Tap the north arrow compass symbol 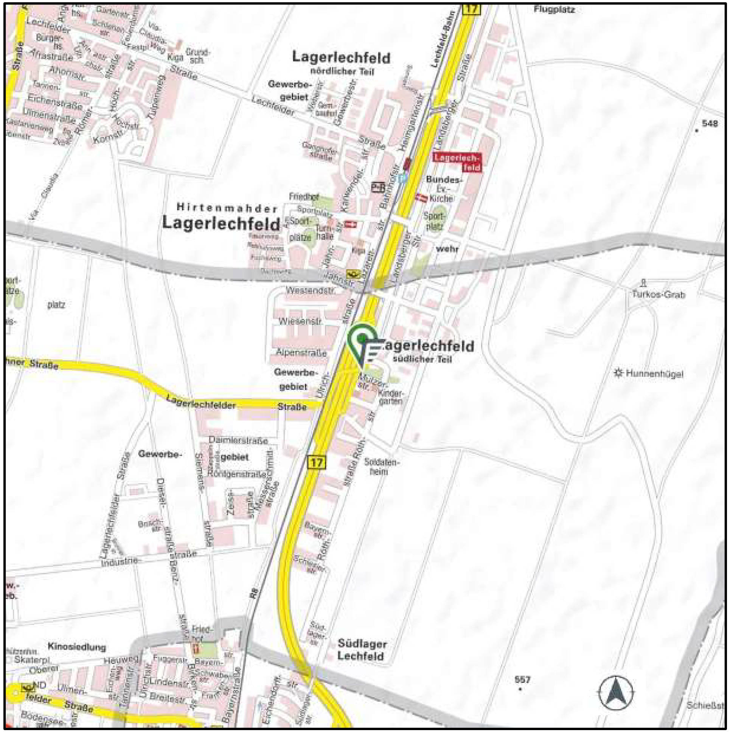tap(615, 693)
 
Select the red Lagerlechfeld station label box tap(458, 162)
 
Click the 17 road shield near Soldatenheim tap(317, 462)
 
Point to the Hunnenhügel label tap(654, 374)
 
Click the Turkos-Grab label tap(659, 294)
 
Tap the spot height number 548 tap(710, 124)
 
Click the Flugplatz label tap(554, 9)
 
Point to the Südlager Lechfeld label tap(362, 650)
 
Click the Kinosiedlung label tap(77, 647)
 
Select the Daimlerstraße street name tap(238, 440)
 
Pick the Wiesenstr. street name tap(300, 321)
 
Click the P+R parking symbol tap(378, 187)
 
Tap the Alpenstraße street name tap(301, 352)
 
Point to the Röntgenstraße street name tap(237, 474)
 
